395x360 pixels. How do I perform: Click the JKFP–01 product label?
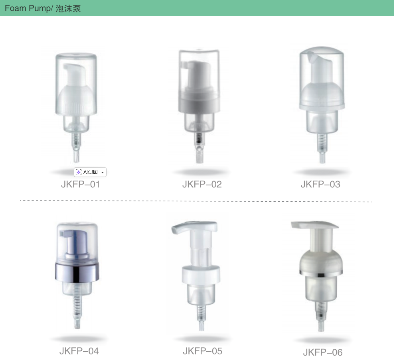tap(80, 184)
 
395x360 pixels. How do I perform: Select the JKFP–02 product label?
tap(202, 184)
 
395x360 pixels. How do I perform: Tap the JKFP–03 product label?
tap(320, 184)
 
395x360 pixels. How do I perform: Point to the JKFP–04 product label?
tap(79, 351)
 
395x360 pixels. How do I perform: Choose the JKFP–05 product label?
tap(203, 351)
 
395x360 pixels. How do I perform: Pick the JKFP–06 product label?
tap(323, 352)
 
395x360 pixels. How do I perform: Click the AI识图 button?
tap(90, 172)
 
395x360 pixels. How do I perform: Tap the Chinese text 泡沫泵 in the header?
tap(68, 8)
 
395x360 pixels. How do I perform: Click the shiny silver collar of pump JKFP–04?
tap(77, 272)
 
